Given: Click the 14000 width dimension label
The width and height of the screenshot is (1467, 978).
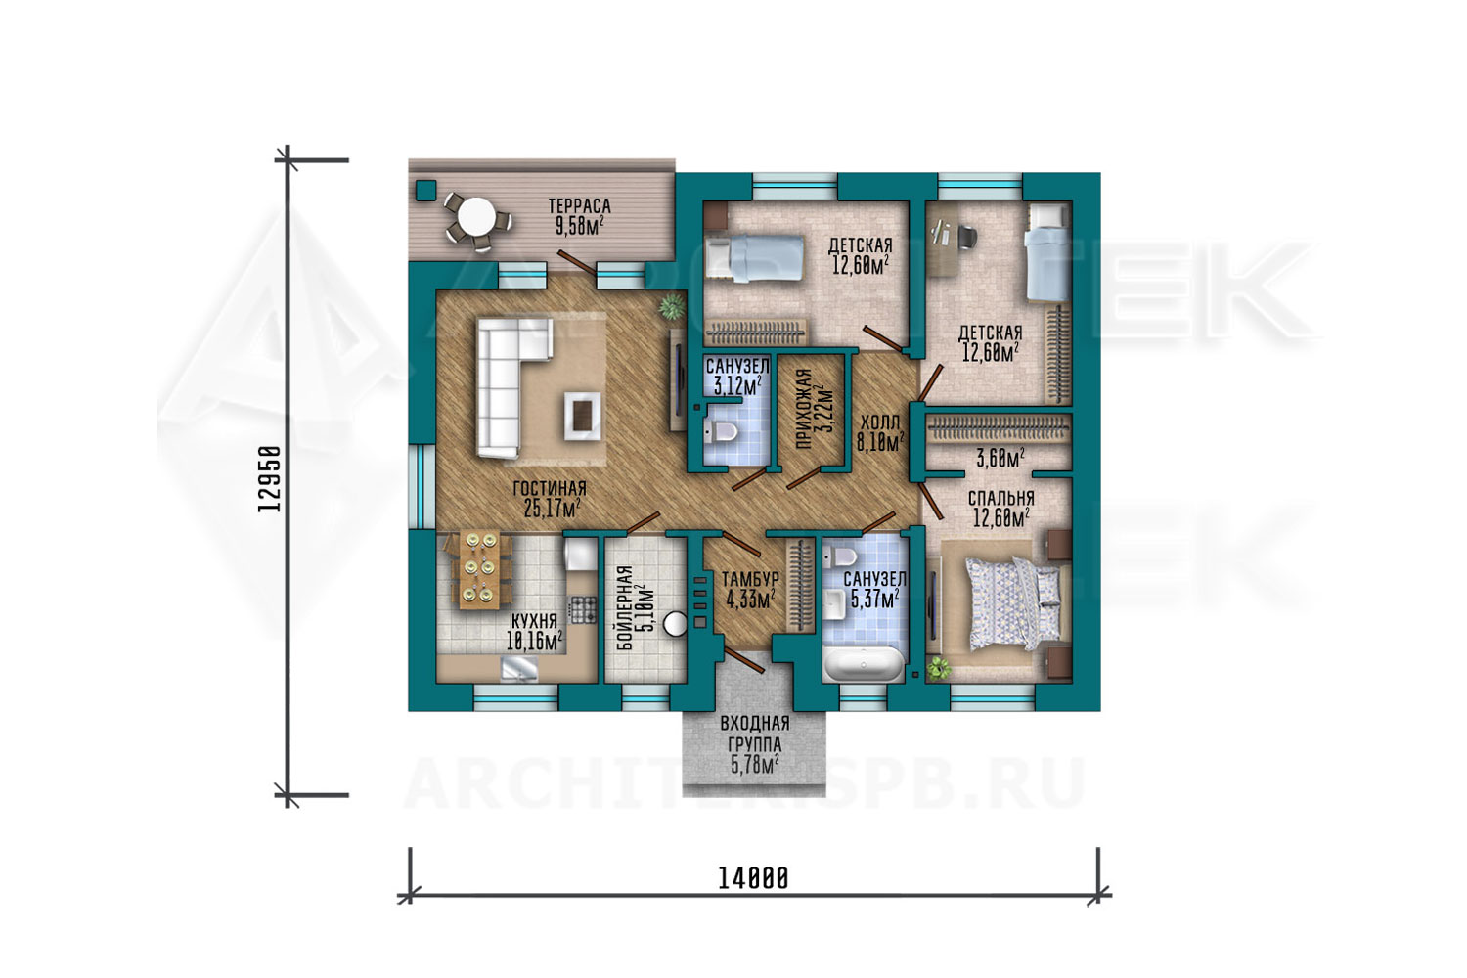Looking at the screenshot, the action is (x=753, y=878).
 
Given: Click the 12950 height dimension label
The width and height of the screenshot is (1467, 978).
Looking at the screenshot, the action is (x=269, y=479).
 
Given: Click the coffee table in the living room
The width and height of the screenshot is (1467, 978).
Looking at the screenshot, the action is (x=582, y=416).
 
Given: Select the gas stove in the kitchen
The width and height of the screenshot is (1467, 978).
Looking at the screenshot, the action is (x=583, y=609).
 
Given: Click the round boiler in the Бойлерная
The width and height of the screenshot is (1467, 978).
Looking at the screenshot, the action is (x=675, y=623).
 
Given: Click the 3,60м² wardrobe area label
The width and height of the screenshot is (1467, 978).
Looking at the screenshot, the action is (x=1000, y=459).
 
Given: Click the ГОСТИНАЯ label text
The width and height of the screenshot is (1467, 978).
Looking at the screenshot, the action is (x=550, y=489).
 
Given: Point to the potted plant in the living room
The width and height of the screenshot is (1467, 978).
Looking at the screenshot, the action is (x=671, y=305).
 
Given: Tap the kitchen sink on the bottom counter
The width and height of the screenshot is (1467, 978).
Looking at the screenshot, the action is (x=519, y=670).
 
